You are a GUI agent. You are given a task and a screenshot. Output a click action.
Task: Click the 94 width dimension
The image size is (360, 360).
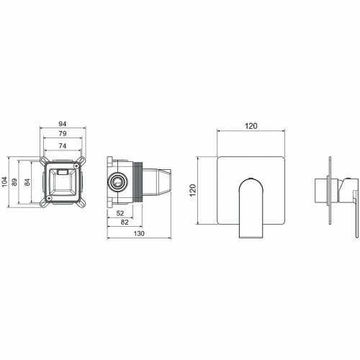tap(64, 122)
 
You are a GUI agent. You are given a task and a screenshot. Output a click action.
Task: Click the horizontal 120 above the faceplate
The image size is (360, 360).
tap(251, 125)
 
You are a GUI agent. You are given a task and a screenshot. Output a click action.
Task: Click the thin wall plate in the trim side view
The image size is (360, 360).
tap(330, 191)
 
